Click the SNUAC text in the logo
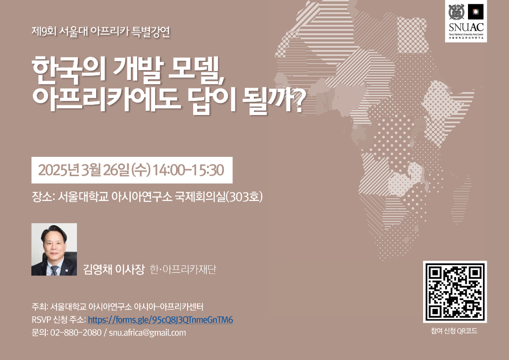(x=466, y=27)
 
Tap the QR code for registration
(x=455, y=292)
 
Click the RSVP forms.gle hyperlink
(x=160, y=320)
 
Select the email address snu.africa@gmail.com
(x=147, y=333)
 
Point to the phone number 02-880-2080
(x=76, y=333)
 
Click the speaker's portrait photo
(x=54, y=249)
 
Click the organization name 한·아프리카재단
(x=183, y=269)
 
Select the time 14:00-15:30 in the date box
(x=188, y=170)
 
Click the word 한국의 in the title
(x=69, y=69)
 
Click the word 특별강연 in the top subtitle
(x=150, y=32)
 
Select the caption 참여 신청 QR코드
(x=454, y=331)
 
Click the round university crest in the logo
(x=456, y=12)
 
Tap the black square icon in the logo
(x=476, y=12)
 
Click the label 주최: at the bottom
(x=40, y=307)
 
